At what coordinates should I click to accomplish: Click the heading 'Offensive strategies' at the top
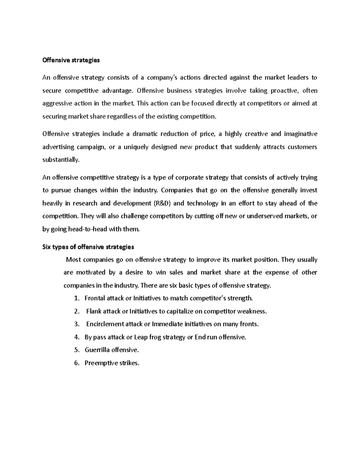point(71,60)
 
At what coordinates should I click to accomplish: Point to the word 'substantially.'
point(61,160)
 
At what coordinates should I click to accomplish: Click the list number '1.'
point(77,298)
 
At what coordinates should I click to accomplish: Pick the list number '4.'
point(77,337)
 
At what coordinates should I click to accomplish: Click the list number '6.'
point(77,363)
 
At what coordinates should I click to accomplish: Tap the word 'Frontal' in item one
point(95,298)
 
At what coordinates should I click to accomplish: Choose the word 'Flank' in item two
point(94,311)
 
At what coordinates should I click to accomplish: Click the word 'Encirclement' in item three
point(105,324)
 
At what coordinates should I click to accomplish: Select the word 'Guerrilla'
point(97,350)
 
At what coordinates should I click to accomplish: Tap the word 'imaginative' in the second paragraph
point(300,134)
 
